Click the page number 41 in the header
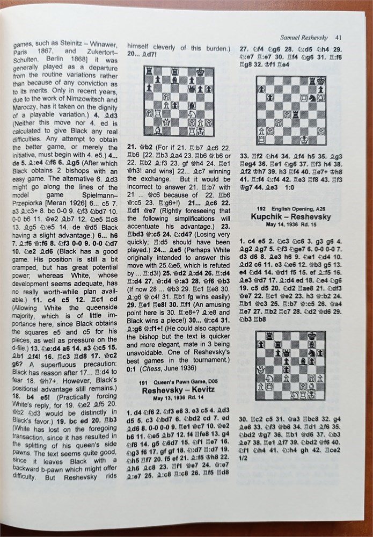click(339, 37)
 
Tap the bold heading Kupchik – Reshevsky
click(290, 216)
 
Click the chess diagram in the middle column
click(178, 101)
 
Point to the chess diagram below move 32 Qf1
click(290, 111)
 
